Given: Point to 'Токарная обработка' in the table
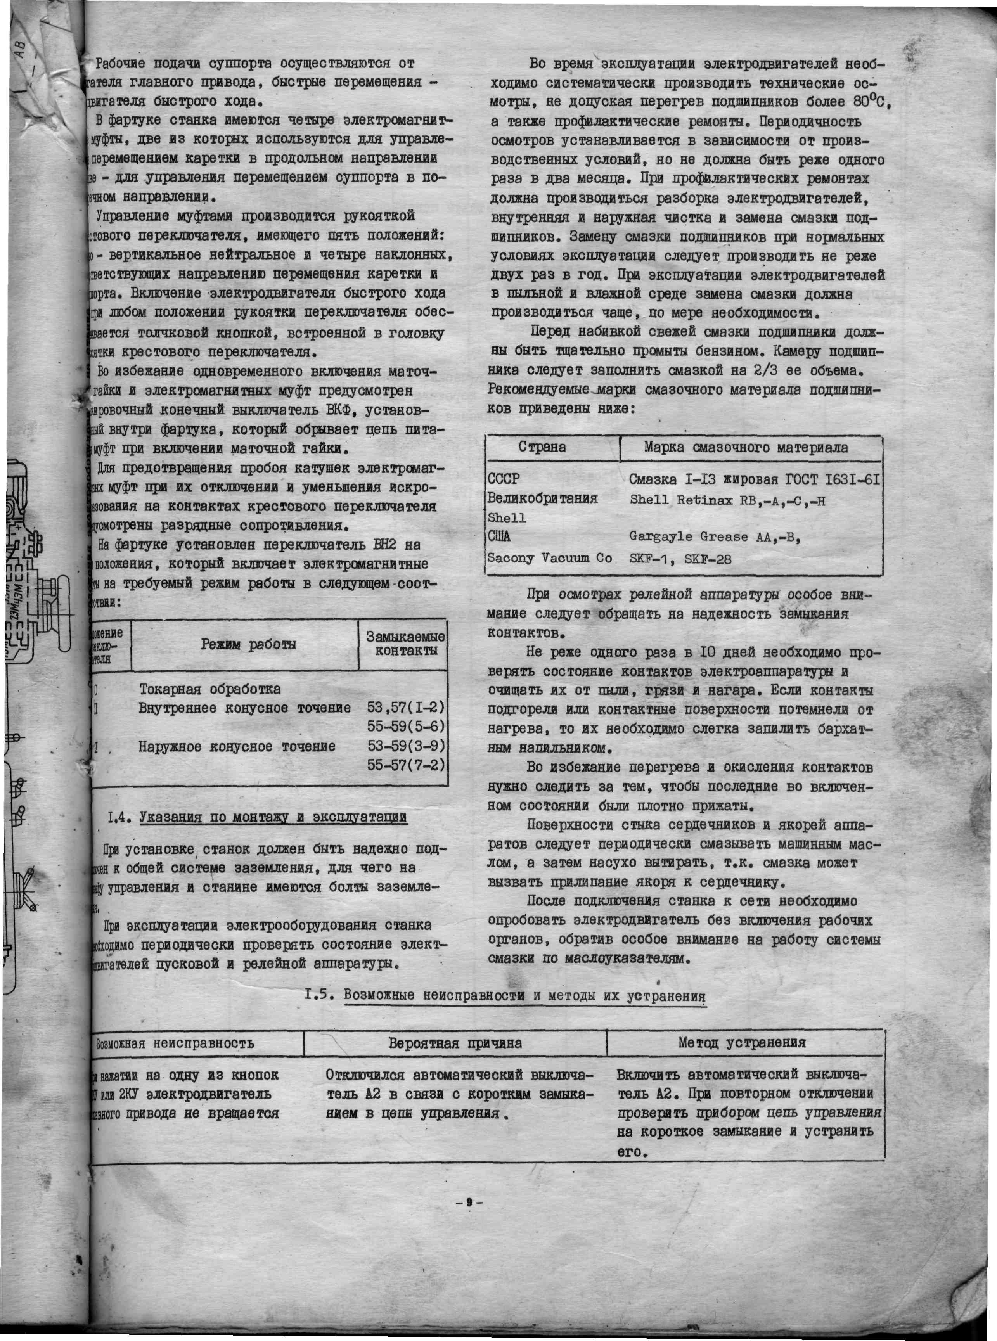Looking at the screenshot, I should tap(210, 689).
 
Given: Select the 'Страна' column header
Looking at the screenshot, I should tap(542, 447).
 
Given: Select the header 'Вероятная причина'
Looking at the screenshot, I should tap(455, 1043).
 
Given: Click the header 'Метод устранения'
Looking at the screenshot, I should tap(742, 1042).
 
